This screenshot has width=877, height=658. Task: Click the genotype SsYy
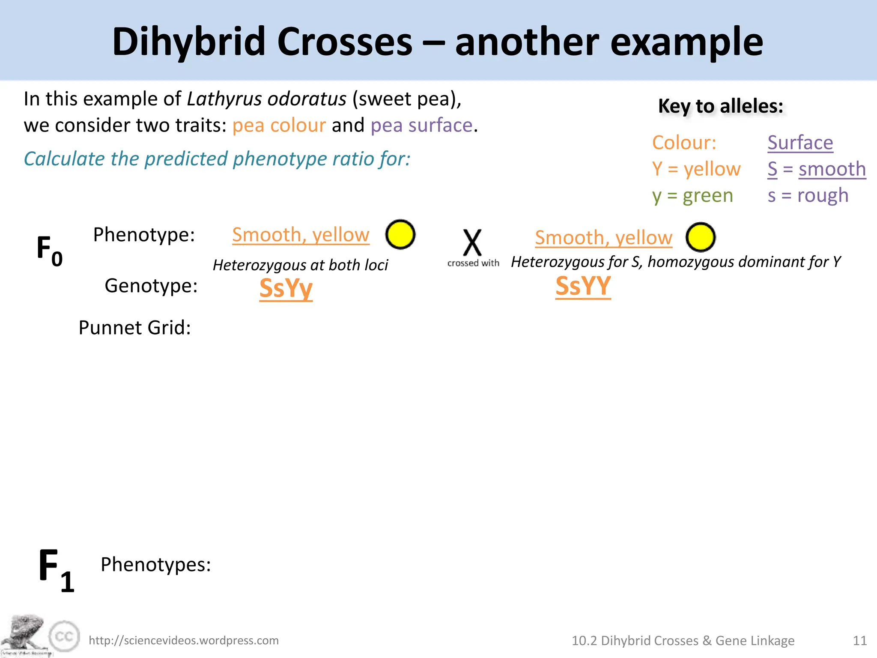(x=286, y=288)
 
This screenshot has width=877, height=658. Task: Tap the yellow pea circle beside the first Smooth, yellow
(x=400, y=234)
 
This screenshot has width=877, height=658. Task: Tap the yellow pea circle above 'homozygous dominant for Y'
(x=701, y=237)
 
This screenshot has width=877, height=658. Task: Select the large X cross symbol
(x=472, y=242)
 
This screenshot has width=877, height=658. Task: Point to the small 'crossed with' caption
(x=473, y=263)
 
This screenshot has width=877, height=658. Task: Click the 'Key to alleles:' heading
(x=721, y=106)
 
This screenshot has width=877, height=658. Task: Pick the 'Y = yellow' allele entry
(x=696, y=169)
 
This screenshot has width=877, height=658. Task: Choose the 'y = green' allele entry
(x=692, y=195)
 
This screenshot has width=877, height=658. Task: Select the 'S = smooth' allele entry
(x=817, y=169)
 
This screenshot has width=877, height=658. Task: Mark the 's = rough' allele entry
(x=808, y=195)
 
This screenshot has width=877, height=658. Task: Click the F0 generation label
(x=49, y=251)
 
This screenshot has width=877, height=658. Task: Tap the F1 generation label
(x=56, y=570)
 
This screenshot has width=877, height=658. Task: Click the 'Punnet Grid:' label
(x=134, y=328)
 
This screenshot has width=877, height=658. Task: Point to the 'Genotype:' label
(x=151, y=286)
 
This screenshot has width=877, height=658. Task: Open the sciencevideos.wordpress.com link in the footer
(x=184, y=640)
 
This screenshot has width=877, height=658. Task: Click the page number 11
(x=860, y=640)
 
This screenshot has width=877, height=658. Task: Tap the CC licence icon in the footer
(x=64, y=637)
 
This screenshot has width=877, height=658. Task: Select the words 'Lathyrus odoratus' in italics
(x=266, y=99)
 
